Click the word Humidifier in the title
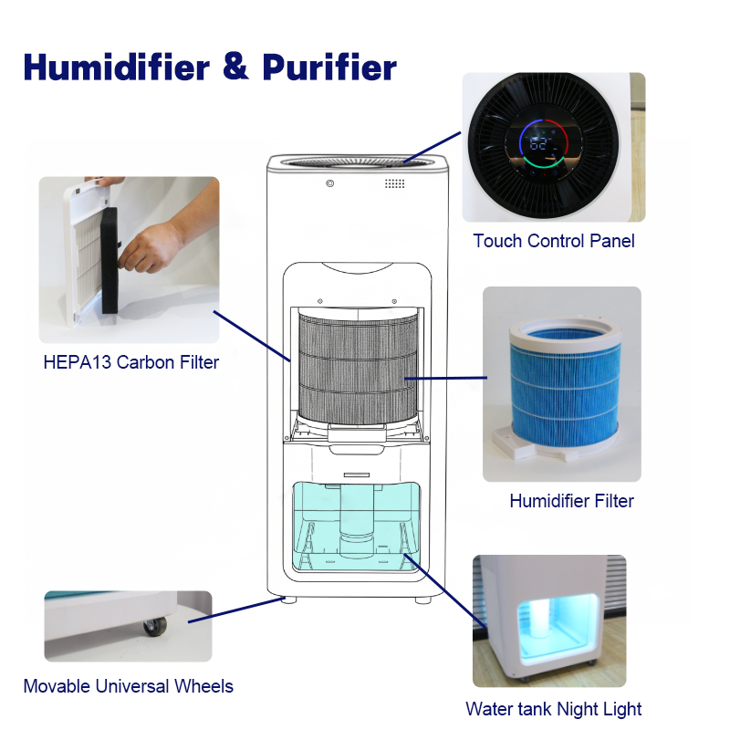117,67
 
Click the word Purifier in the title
329,67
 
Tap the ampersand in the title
235,67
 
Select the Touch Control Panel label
554,241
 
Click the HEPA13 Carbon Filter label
130,362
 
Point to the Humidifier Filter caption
572,501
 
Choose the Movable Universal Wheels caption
128,686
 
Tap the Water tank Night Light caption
554,709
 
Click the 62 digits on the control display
538,144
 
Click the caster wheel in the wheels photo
155,626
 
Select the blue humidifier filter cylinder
565,386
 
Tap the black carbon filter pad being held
109,260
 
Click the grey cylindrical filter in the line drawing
358,368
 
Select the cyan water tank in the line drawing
356,527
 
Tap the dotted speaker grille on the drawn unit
394,183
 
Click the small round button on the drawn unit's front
330,183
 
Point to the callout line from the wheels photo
236,610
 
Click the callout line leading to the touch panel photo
432,147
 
